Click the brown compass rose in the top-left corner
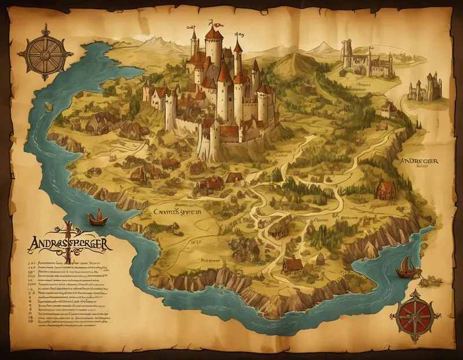(45, 53)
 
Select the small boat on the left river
(97, 218)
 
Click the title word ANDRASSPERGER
(64, 240)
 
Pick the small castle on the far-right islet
(426, 87)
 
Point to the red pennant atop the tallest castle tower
(218, 25)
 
